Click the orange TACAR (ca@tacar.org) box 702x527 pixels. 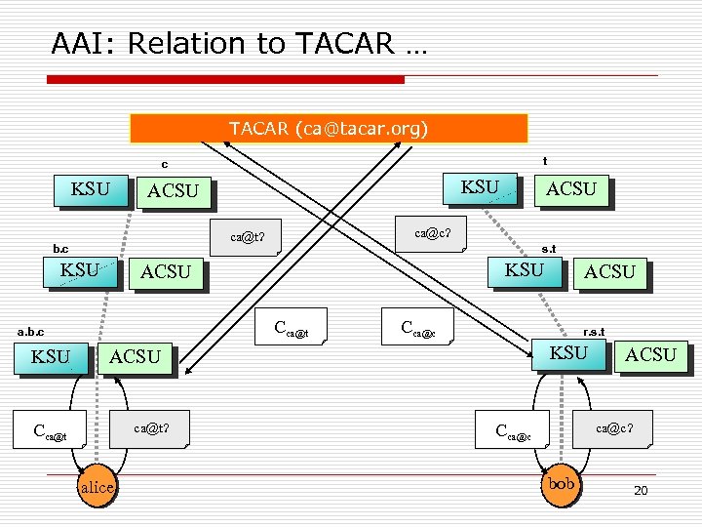[329, 129]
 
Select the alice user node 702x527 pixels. [97, 487]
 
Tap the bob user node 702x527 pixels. [562, 483]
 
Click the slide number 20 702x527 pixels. [640, 491]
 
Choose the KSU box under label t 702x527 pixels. [480, 187]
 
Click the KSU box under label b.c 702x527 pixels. [79, 270]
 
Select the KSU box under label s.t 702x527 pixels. [525, 269]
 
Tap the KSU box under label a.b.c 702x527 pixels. [51, 356]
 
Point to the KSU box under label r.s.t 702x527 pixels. [569, 352]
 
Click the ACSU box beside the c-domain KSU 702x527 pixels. [173, 192]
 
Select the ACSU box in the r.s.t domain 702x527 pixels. [650, 354]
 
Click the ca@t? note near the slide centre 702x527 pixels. [248, 235]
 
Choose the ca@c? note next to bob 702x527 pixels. [614, 426]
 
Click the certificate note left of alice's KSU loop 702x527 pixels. [49, 430]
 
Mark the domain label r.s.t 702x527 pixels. [593, 332]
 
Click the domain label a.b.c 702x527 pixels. [28, 333]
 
